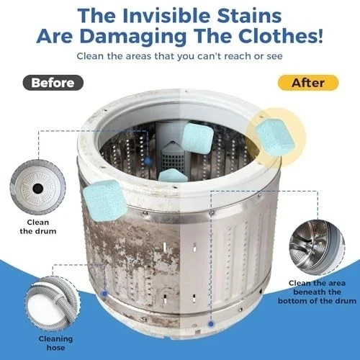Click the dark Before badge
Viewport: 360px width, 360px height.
(x=53, y=83)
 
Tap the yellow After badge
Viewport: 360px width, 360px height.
(x=308, y=83)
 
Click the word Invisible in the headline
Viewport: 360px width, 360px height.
(x=167, y=16)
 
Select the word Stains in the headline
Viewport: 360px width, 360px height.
(x=249, y=16)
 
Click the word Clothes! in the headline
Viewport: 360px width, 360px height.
(x=280, y=35)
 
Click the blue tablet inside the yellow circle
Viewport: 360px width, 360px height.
(x=275, y=137)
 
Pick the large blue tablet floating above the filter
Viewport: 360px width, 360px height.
(x=197, y=138)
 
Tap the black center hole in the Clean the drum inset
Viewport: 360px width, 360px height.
(x=38, y=189)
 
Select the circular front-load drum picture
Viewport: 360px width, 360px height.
(x=317, y=247)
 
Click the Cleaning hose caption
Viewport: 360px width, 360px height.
(x=55, y=343)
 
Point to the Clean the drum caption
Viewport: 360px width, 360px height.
(x=38, y=227)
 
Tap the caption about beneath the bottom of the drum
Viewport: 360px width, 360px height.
(x=317, y=292)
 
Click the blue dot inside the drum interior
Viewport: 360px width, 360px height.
(x=148, y=161)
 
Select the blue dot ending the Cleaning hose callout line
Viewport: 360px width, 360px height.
(x=104, y=293)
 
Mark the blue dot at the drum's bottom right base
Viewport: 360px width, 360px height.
(x=211, y=324)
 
